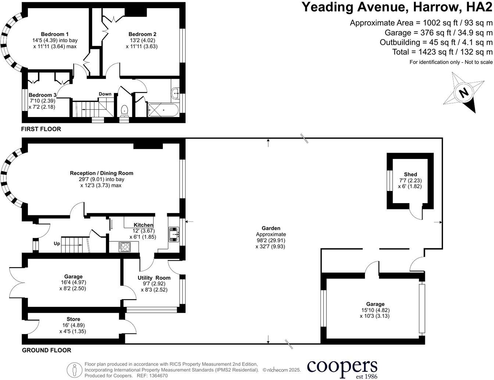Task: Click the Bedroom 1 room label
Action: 54,34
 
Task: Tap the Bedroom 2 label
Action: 142,34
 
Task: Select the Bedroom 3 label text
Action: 42,95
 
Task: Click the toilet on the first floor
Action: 125,110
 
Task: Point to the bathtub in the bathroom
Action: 163,110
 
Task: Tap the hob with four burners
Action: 125,246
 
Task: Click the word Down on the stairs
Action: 105,94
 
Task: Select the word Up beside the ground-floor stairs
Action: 57,244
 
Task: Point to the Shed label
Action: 410,174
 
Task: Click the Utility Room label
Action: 154,278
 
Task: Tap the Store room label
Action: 73,319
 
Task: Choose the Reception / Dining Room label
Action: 101,173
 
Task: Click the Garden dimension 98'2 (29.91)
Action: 271,240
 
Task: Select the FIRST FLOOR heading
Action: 41,129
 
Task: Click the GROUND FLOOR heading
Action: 46,350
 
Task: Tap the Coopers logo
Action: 342,367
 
